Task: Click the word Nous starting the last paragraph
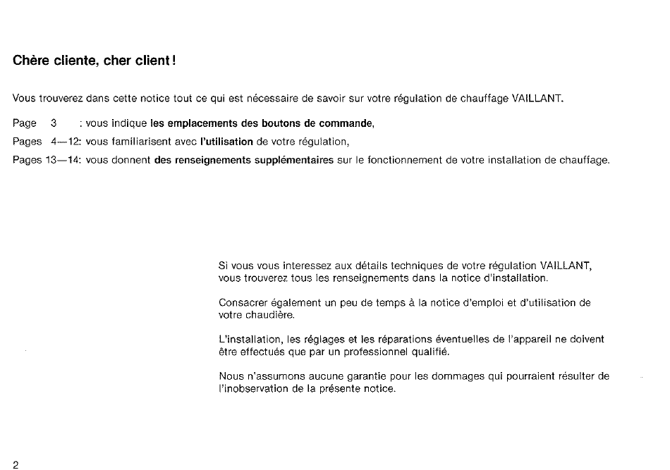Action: (x=231, y=377)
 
